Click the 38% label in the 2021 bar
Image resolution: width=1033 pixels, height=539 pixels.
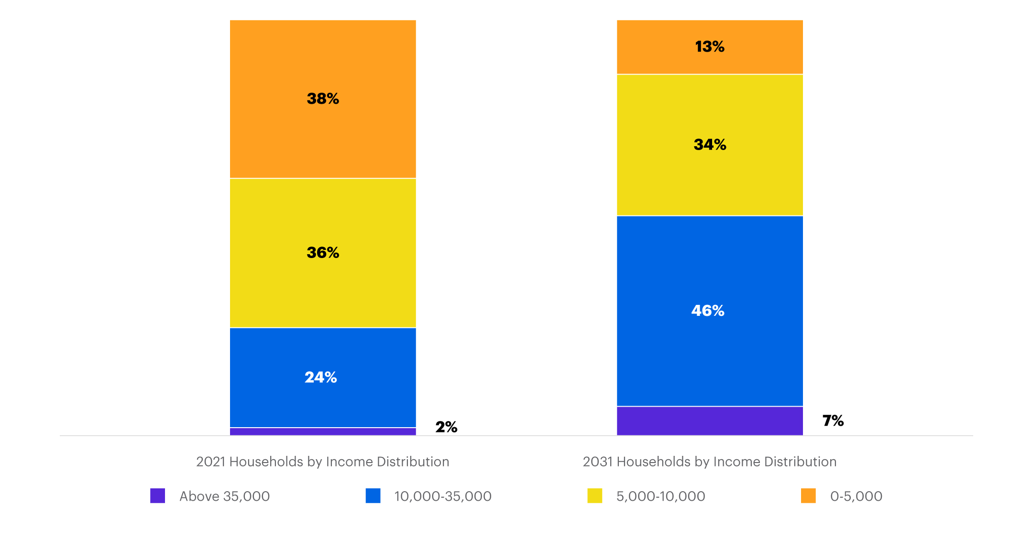[323, 98]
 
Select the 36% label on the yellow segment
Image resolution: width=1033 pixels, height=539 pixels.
[323, 252]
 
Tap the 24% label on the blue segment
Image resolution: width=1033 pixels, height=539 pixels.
[321, 377]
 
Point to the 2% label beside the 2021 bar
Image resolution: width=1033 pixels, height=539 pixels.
[446, 427]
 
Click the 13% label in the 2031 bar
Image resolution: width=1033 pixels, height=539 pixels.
[710, 46]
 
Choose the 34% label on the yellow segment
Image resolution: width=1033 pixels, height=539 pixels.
[710, 144]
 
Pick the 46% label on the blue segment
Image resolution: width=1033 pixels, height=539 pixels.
[708, 311]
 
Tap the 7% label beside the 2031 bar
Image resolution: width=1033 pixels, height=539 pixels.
[833, 420]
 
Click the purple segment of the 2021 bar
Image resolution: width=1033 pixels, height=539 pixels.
[323, 431]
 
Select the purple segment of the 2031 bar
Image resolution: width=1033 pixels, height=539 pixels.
[710, 421]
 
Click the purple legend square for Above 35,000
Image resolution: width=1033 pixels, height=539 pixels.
[158, 496]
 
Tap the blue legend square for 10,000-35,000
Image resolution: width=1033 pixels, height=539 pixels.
[373, 496]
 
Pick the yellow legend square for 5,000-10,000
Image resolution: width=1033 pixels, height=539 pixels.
[595, 496]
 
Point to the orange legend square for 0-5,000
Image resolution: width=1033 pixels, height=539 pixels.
[808, 496]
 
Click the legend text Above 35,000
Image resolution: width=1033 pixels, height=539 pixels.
[224, 496]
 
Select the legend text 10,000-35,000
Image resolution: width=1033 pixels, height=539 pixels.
[443, 496]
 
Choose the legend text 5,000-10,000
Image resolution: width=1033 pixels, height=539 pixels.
[660, 496]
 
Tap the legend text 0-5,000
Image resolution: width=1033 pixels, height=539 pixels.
[856, 496]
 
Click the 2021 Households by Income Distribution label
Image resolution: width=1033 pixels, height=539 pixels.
[323, 462]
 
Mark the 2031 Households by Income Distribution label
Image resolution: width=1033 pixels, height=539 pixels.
[710, 462]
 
